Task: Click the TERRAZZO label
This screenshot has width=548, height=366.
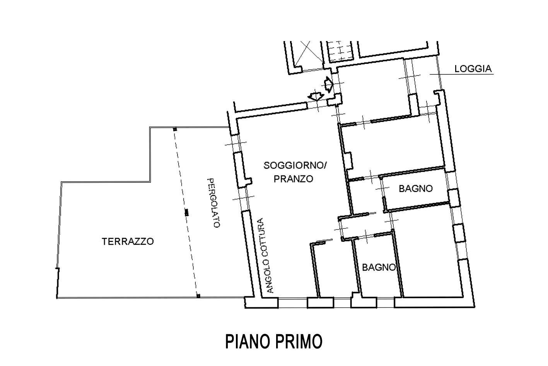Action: point(128,242)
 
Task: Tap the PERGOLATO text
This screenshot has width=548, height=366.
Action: point(213,203)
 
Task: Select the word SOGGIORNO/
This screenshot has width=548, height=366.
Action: point(295,165)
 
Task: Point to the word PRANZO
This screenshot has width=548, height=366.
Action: point(293,179)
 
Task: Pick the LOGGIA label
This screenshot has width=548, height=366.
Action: point(473,69)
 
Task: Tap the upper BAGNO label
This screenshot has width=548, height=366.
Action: point(416,189)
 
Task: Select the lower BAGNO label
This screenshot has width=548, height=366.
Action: point(379,267)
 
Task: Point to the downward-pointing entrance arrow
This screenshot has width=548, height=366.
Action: point(316,96)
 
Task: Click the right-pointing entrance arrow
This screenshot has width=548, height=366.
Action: point(328,84)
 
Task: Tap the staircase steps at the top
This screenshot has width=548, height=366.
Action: point(340,51)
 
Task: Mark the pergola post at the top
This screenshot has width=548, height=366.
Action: point(175,129)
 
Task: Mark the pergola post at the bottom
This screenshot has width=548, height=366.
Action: point(198,296)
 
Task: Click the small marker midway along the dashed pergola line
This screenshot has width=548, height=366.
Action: point(186,212)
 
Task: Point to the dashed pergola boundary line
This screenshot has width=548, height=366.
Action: point(186,213)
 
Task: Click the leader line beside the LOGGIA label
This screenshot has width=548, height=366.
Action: point(461,74)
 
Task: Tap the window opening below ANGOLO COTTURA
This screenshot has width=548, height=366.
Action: point(293,303)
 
